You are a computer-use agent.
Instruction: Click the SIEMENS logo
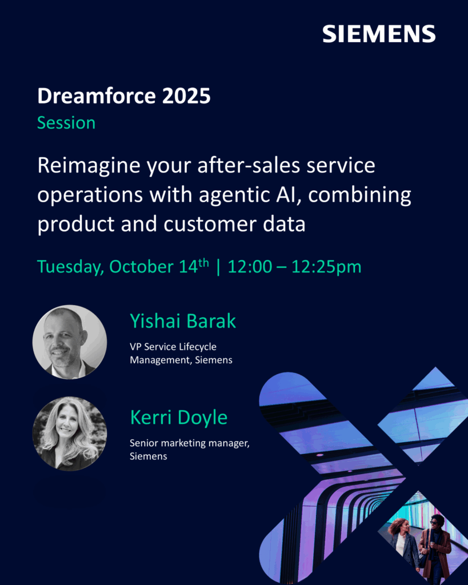379,34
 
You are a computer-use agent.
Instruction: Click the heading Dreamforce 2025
124,96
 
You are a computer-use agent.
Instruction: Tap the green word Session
66,123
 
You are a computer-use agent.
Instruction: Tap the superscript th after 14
203,263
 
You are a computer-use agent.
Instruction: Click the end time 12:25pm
326,267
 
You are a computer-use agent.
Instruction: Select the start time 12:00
250,267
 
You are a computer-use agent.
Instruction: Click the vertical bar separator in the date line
218,267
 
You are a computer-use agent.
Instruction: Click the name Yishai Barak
183,321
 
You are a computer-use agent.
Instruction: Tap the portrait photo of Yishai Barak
70,342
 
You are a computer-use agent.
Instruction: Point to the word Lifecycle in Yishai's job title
197,347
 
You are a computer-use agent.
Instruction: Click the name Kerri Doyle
179,417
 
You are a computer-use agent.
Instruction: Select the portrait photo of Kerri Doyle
70,434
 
